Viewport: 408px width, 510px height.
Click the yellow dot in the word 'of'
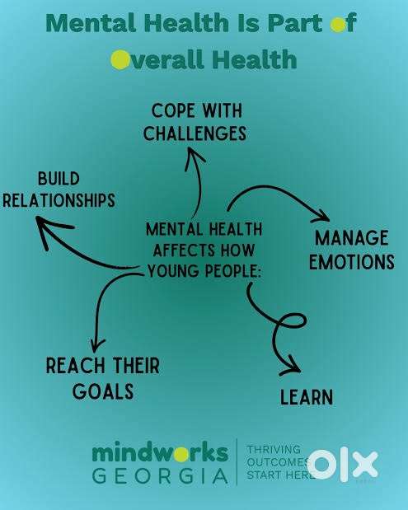[x=338, y=25]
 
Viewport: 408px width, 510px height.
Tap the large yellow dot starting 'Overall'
[x=120, y=60]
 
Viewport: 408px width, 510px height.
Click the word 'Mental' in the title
[x=91, y=23]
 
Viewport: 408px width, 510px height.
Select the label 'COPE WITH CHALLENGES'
[x=195, y=122]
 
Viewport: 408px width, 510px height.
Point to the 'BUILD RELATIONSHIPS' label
[x=59, y=189]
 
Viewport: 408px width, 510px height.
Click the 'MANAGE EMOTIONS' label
[x=352, y=250]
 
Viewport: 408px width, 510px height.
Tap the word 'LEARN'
[x=307, y=397]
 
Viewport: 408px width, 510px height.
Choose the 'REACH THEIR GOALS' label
[x=103, y=378]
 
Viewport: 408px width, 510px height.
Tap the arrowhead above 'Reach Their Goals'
[x=97, y=345]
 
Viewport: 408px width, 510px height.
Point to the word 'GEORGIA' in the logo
[x=160, y=476]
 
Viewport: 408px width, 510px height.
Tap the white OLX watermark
[x=343, y=465]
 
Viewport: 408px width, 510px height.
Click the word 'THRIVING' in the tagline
[x=274, y=450]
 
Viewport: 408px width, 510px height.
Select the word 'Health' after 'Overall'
[x=255, y=60]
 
